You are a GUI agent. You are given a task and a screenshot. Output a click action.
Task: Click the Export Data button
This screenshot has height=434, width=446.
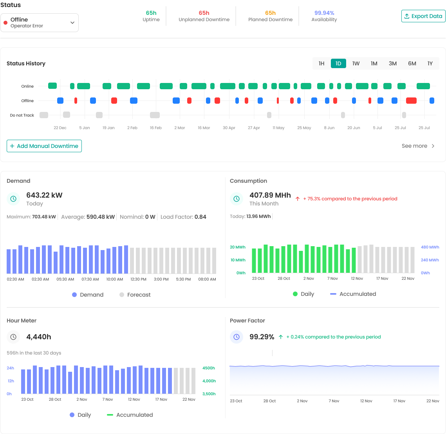(423, 16)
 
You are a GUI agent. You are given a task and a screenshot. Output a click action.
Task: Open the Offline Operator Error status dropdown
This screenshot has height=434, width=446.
(39, 23)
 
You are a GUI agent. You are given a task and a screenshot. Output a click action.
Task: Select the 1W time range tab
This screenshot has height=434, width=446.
(356, 63)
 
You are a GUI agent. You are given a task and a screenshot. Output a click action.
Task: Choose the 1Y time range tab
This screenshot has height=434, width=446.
(430, 63)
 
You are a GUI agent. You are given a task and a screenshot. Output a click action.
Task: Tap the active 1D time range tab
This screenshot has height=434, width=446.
(338, 63)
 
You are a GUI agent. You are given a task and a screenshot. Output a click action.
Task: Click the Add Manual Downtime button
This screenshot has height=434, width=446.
(44, 146)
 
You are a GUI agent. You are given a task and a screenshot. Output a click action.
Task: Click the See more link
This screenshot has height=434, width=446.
(418, 146)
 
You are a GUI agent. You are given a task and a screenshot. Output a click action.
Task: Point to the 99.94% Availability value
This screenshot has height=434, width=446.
(324, 13)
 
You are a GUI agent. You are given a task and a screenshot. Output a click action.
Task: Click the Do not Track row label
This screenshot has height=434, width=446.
(22, 115)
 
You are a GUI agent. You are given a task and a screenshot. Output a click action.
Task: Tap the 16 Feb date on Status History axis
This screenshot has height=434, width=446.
(155, 128)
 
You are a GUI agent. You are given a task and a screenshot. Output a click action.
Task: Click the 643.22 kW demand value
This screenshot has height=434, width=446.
(44, 195)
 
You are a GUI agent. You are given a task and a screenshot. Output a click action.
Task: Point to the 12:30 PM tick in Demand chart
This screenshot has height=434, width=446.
(138, 279)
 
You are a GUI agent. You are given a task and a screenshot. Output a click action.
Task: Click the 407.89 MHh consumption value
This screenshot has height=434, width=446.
(270, 195)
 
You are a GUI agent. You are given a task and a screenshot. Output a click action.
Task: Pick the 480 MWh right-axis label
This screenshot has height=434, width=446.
(430, 247)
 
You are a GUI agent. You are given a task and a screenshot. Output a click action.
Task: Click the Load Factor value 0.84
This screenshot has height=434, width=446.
(200, 217)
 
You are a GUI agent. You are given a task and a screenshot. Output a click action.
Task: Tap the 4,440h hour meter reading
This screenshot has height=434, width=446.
(38, 337)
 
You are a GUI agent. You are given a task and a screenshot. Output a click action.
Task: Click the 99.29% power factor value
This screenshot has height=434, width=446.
(262, 337)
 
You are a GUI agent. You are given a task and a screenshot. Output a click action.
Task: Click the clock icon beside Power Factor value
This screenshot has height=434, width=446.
(237, 337)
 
